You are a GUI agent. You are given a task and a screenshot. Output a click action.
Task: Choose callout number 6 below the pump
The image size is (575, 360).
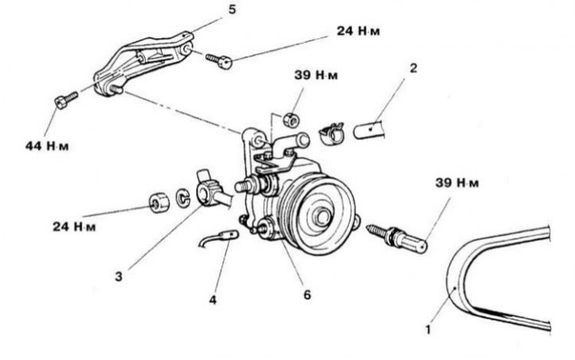pos(306,295)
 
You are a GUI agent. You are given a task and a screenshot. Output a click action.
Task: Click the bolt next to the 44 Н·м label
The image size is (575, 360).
pos(64,101)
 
